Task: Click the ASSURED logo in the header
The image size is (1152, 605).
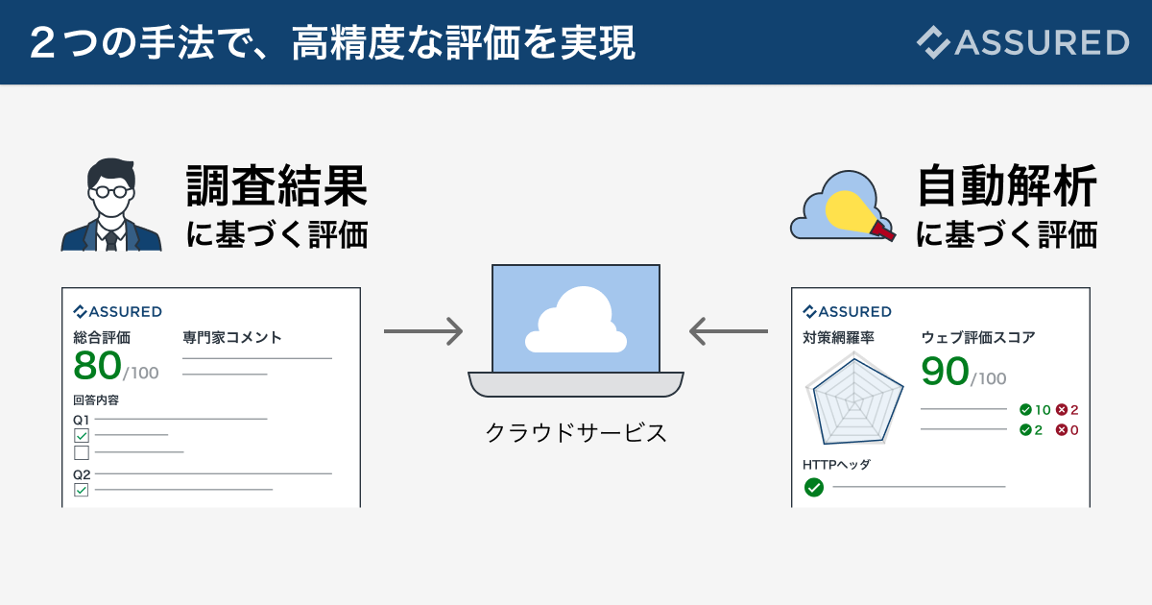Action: click(1021, 42)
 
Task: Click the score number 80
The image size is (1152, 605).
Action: click(98, 365)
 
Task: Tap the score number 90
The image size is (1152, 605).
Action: click(945, 372)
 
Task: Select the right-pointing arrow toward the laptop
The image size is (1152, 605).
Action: click(423, 331)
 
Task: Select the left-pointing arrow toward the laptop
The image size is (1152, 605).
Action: click(729, 331)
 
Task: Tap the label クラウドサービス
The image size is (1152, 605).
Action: click(576, 432)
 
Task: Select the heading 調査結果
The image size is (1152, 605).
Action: click(277, 186)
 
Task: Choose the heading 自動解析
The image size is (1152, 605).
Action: click(1007, 186)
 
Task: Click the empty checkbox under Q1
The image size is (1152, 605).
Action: click(82, 452)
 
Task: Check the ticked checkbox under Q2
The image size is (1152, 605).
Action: click(82, 490)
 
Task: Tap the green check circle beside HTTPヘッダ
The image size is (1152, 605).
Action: click(813, 488)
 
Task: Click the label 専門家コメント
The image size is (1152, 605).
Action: click(232, 337)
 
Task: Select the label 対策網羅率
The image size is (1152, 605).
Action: click(838, 337)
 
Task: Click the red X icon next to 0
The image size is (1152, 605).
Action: click(1062, 430)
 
